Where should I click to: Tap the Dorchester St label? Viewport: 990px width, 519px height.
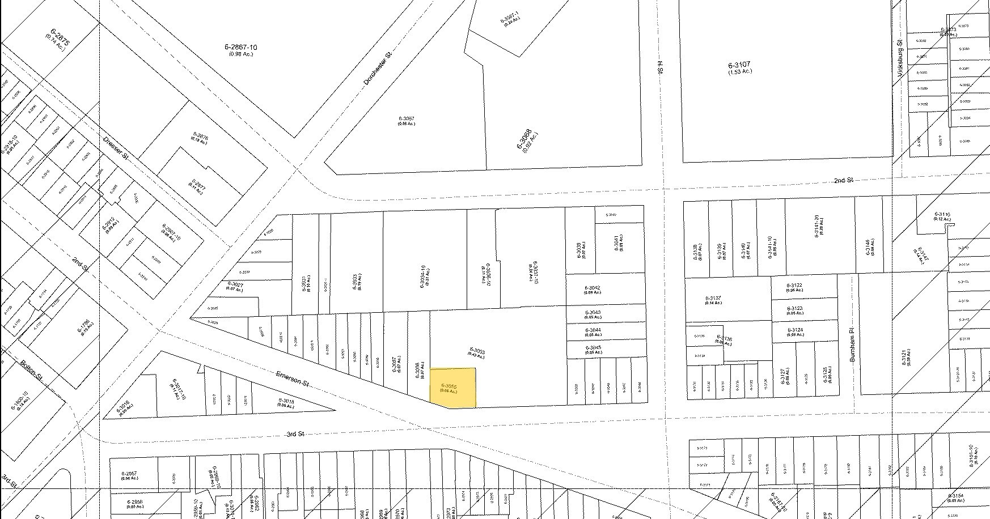point(378,69)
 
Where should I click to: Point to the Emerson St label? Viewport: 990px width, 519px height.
point(293,379)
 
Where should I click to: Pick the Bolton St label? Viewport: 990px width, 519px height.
point(32,371)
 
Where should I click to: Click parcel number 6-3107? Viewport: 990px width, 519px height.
point(740,65)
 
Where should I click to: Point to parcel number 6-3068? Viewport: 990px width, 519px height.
point(523,139)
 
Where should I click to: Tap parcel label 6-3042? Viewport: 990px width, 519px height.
point(593,288)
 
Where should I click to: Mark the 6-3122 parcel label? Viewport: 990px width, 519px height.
point(794,286)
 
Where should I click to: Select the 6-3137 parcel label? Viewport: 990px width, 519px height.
point(714,298)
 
